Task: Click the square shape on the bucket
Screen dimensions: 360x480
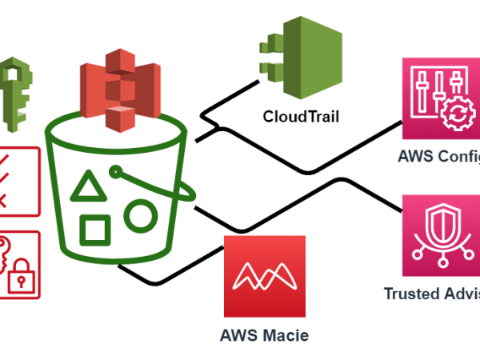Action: [96, 230]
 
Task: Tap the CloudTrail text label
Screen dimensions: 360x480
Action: [301, 118]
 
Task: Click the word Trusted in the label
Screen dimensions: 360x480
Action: [413, 294]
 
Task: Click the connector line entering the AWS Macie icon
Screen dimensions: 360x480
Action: [212, 257]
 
